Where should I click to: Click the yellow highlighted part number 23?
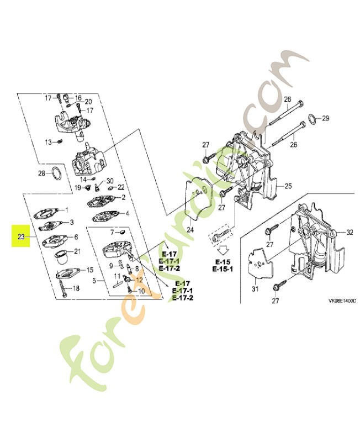22,236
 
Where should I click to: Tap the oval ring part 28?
56,175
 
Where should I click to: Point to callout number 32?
349,232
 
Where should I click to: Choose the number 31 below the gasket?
255,289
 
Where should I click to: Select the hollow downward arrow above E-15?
224,249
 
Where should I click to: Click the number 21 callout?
77,251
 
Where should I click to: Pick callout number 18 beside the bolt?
76,288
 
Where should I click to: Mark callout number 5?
94,281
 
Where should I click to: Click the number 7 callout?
111,232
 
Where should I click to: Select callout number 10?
141,291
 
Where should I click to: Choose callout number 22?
121,187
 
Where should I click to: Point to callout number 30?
109,181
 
